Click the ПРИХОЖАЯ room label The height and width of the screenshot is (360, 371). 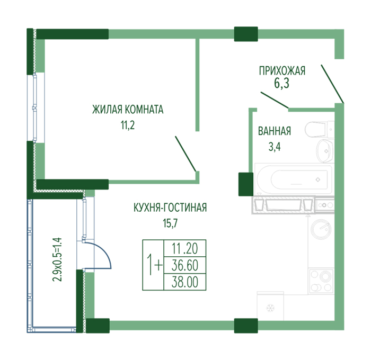point(282,71)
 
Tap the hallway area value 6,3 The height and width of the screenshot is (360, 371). point(281,83)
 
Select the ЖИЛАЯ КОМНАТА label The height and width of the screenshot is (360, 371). point(128,110)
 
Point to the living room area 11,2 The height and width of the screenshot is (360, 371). point(128,125)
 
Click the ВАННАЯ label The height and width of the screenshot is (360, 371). point(275,131)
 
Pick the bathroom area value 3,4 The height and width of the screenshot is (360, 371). point(275,147)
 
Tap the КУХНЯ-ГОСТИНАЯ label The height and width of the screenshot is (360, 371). point(170,208)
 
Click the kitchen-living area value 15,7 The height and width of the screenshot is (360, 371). point(170,223)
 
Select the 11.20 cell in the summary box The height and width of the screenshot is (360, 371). point(185,248)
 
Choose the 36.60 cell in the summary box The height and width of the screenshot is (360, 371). point(185,265)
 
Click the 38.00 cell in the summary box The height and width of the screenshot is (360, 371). point(185,282)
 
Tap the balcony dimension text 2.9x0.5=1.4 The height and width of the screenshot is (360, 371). point(57,259)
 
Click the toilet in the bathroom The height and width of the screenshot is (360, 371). point(320,129)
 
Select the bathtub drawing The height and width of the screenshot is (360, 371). point(294,179)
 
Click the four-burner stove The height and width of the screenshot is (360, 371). point(321,281)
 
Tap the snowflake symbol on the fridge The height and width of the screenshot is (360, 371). point(270,308)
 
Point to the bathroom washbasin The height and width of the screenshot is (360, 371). point(325,150)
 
